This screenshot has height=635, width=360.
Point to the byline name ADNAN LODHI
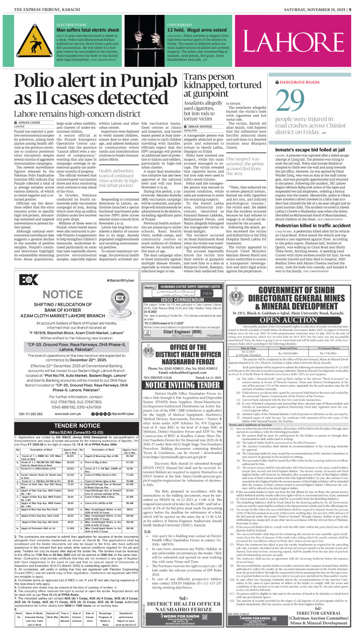(x=29, y=123)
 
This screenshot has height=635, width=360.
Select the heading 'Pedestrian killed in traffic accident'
(x=313, y=226)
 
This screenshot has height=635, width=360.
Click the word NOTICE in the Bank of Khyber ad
(x=63, y=294)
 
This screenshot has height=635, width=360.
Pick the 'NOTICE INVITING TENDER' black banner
(x=177, y=385)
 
